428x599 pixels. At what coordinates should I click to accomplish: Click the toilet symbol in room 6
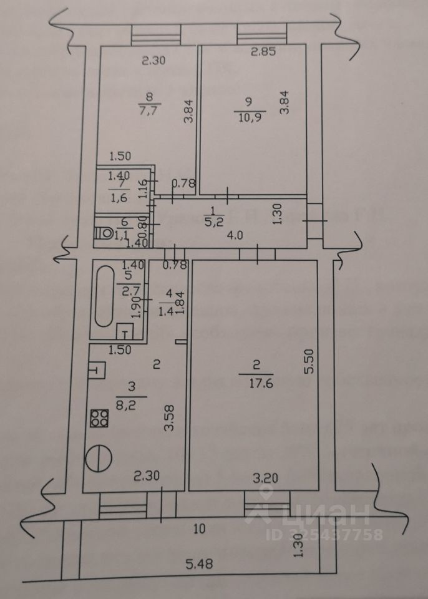(105, 233)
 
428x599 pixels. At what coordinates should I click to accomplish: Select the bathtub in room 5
(105, 298)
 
